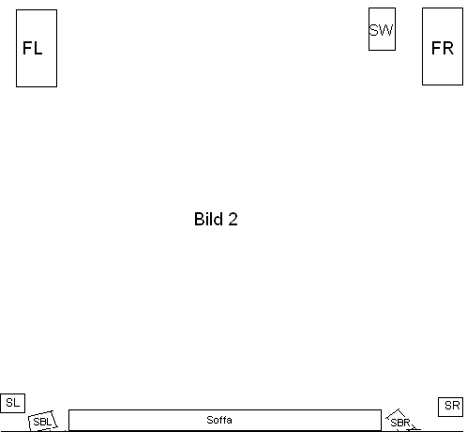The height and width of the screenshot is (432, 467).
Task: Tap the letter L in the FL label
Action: coord(38,48)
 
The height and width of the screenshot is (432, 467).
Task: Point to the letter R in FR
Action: coord(448,48)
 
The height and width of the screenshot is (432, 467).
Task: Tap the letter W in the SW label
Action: coord(386,30)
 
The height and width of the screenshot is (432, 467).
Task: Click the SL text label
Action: coord(13,403)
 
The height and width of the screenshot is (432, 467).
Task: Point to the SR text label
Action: coord(452,406)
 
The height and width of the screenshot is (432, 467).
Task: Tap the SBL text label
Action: coord(42,422)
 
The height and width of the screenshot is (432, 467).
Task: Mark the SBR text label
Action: coord(400,423)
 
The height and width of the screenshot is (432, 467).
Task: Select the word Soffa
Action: coord(219,420)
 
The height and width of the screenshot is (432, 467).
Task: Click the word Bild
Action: coord(208,219)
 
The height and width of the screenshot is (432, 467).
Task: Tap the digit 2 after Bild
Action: coord(233,219)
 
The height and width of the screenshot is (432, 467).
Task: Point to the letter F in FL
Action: coord(27,48)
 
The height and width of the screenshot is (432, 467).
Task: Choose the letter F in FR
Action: coord(436,48)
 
